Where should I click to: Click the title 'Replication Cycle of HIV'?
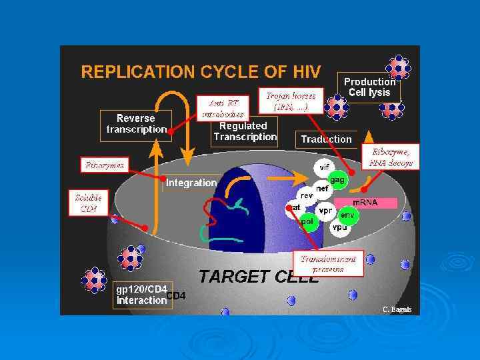201,71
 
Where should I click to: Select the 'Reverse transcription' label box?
137,124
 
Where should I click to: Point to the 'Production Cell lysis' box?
369,87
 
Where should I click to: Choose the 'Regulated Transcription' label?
245,131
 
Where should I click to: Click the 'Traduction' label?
326,139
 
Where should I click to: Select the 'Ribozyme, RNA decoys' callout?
391,157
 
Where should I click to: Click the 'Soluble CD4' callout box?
89,203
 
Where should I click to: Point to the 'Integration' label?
191,182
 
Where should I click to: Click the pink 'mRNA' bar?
365,202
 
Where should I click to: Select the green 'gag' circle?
337,180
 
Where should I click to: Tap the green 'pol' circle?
307,221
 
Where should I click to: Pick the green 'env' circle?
347,215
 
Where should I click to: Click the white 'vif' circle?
325,167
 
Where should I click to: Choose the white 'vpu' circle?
339,227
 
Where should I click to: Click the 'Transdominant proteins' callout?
328,264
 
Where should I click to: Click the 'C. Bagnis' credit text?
397,309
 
